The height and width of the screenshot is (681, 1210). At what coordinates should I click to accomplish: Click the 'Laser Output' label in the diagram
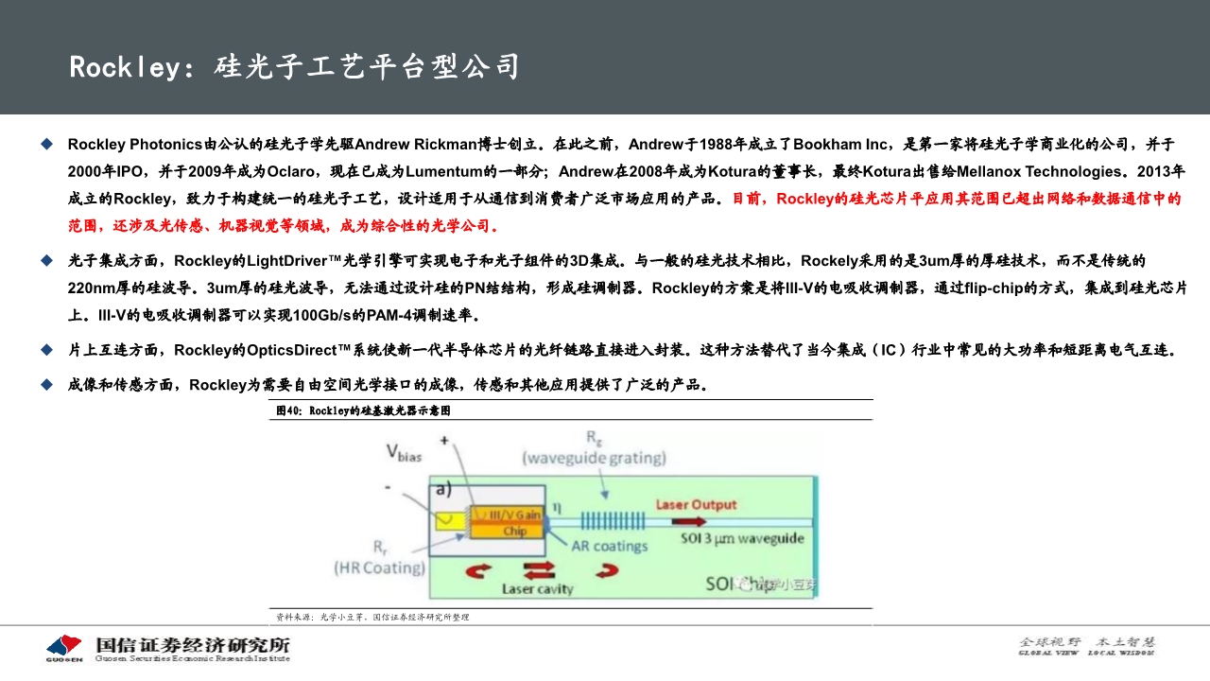pyautogui.click(x=696, y=505)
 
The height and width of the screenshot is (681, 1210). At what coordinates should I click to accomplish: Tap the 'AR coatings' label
pyautogui.click(x=610, y=546)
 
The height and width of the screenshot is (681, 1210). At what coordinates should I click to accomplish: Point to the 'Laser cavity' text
pyautogui.click(x=537, y=588)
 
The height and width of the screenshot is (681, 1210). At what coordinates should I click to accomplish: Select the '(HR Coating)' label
pyautogui.click(x=378, y=567)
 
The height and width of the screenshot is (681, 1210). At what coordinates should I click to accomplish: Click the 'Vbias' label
pyautogui.click(x=404, y=453)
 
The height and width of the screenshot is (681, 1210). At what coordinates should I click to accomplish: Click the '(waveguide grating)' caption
pyautogui.click(x=595, y=459)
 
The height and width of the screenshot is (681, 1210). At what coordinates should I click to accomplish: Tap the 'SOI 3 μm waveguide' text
pyautogui.click(x=743, y=538)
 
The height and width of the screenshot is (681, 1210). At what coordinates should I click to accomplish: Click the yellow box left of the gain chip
pyautogui.click(x=447, y=520)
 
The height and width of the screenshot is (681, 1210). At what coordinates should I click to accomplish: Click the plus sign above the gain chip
pyautogui.click(x=444, y=440)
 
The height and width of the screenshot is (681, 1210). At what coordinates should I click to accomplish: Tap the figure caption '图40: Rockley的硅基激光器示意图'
pyautogui.click(x=363, y=410)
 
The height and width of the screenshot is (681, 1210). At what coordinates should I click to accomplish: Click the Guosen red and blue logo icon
pyautogui.click(x=64, y=648)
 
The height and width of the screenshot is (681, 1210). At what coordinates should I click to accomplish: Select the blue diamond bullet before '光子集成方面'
pyautogui.click(x=46, y=259)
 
